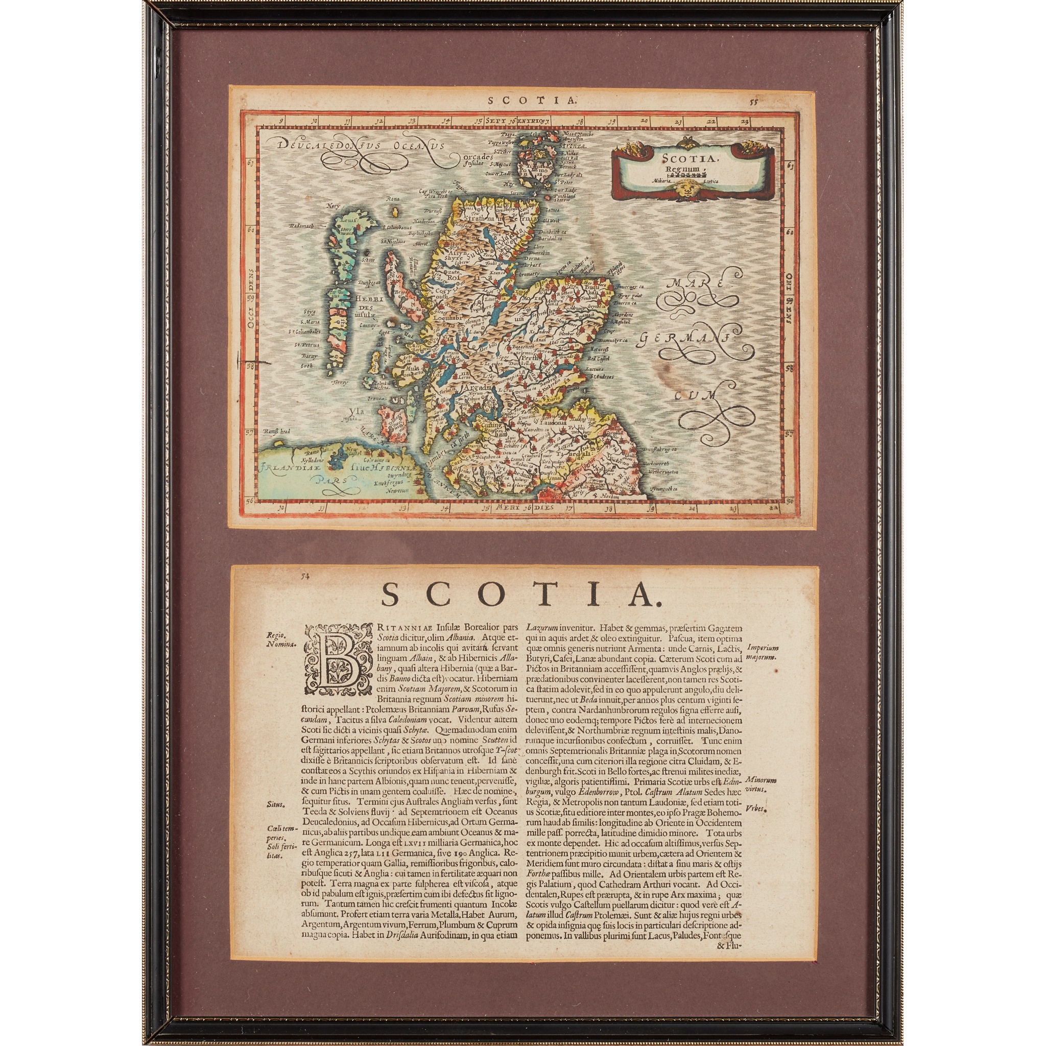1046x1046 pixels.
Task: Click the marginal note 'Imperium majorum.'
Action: point(763,652)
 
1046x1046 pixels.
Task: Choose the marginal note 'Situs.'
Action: point(276,804)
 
